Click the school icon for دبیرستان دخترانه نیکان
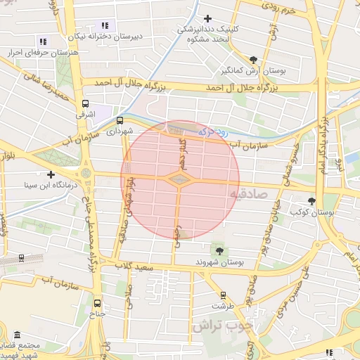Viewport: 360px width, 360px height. pos(105,25)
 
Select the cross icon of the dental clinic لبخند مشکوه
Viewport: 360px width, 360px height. pos(207,18)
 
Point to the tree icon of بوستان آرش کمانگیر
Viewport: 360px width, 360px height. pos(253,60)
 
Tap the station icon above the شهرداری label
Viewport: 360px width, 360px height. pos(120,120)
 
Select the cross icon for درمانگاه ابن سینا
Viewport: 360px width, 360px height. pos(51,174)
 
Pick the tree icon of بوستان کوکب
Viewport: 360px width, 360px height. pos(311,201)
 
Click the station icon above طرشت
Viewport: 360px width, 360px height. pos(224,295)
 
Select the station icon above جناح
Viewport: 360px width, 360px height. pos(97,303)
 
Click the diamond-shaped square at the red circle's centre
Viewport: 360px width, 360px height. pos(180,180)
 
